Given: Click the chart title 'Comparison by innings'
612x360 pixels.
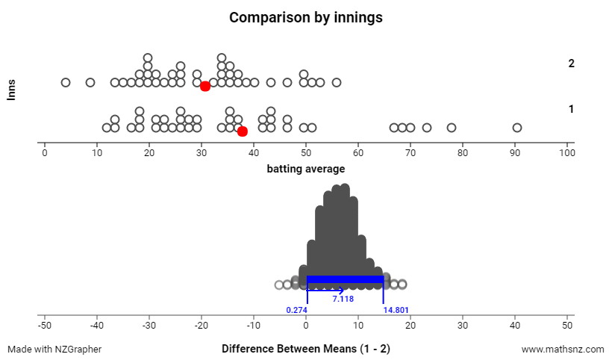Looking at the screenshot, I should click(x=306, y=17).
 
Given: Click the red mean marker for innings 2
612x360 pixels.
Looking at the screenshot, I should click(x=205, y=87).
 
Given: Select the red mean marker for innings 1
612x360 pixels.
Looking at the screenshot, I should click(x=242, y=131).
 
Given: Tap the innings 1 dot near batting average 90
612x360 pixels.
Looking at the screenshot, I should click(x=517, y=128).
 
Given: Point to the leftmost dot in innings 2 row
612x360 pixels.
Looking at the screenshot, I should click(x=66, y=82).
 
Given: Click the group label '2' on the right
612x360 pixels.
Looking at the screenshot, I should click(x=571, y=63).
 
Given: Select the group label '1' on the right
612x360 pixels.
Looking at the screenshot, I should click(x=571, y=109).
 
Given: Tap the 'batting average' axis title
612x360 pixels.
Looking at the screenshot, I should click(x=306, y=169).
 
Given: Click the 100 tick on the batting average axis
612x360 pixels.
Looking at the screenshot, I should click(x=567, y=153).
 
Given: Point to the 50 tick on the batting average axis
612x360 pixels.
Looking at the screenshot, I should click(x=306, y=153).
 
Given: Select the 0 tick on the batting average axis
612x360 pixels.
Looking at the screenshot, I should click(x=45, y=153).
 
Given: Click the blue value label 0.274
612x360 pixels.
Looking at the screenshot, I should click(x=296, y=309).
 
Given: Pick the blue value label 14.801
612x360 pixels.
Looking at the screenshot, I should click(x=396, y=309).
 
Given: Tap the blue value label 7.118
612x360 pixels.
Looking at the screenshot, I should click(x=343, y=299).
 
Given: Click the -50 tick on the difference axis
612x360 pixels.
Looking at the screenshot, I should click(x=45, y=326).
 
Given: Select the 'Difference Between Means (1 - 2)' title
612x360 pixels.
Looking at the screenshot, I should click(x=306, y=349).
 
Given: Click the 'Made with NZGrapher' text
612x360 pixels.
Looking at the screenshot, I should click(x=54, y=349).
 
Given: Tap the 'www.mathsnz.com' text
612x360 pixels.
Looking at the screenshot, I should click(x=562, y=349).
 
